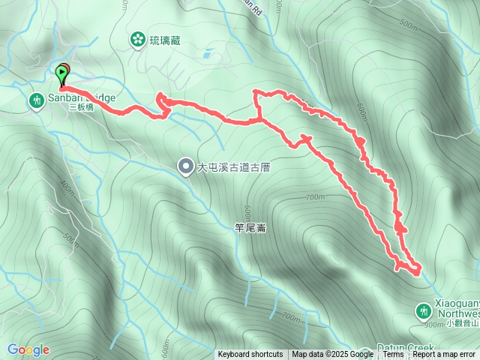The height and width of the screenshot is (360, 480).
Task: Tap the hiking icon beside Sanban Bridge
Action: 36,100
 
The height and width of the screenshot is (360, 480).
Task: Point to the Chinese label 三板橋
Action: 80,108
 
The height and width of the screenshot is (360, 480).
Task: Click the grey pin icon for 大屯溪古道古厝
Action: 185,166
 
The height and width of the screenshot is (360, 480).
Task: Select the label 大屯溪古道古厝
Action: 233,167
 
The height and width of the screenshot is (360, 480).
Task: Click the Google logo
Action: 28,349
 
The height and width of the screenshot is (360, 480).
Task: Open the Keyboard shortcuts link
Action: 250,355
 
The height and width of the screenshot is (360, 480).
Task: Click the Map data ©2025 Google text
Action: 333,355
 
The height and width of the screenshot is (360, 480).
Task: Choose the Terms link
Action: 393,355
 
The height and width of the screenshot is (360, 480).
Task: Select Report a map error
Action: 444,355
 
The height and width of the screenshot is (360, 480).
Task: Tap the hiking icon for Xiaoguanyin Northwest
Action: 423,310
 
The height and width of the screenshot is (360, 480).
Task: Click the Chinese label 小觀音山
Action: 461,324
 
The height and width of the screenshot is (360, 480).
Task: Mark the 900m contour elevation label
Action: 434,325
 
